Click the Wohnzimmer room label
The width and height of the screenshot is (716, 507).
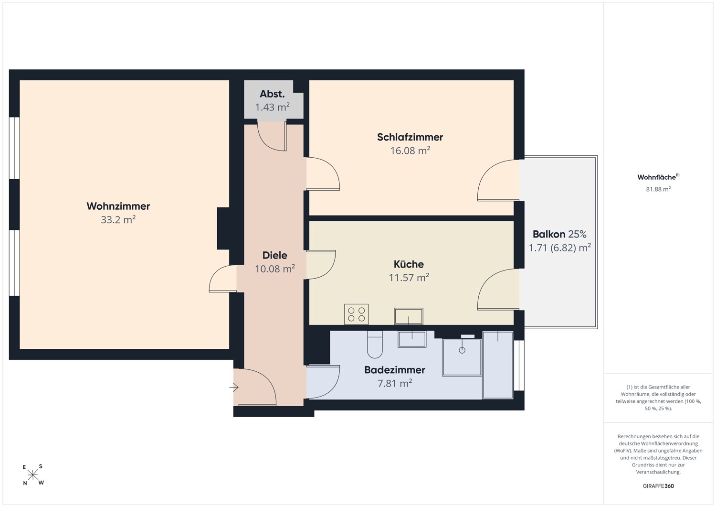[118, 206]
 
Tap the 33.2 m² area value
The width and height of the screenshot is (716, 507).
[118, 219]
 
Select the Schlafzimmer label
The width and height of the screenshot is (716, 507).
[410, 137]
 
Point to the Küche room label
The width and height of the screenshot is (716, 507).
[409, 264]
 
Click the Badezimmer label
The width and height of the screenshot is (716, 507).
[395, 370]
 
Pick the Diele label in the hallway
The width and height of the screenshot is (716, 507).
[274, 255]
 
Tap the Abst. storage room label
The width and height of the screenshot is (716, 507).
[272, 94]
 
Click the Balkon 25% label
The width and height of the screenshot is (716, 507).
[559, 234]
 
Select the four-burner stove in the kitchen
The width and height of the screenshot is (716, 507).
[356, 314]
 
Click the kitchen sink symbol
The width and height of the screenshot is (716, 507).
[409, 316]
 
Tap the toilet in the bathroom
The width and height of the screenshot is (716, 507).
[375, 345]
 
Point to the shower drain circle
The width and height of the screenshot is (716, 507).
[462, 350]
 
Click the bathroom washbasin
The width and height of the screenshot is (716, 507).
[411, 339]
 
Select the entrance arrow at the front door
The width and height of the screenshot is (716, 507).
[234, 387]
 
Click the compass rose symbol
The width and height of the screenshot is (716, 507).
[32, 475]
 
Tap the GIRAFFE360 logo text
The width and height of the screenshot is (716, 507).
[658, 486]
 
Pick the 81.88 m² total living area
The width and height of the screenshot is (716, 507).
[658, 189]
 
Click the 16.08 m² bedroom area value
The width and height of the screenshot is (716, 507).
[410, 151]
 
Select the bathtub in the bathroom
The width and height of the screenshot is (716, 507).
[498, 365]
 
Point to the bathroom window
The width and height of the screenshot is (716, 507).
[519, 365]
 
